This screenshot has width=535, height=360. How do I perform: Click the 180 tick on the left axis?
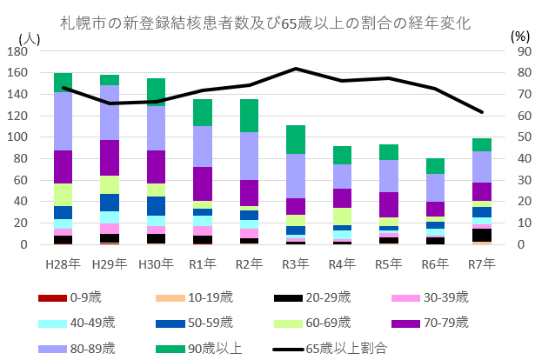[x=17, y=52]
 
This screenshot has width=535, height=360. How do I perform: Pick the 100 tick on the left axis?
[x=17, y=137]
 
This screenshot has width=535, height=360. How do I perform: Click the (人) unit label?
[x=29, y=37]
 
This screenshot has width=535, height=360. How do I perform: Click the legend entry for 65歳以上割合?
[x=348, y=347]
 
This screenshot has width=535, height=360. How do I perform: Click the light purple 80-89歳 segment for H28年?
[x=63, y=121]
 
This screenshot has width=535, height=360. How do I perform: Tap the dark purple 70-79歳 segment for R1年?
[x=204, y=183]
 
